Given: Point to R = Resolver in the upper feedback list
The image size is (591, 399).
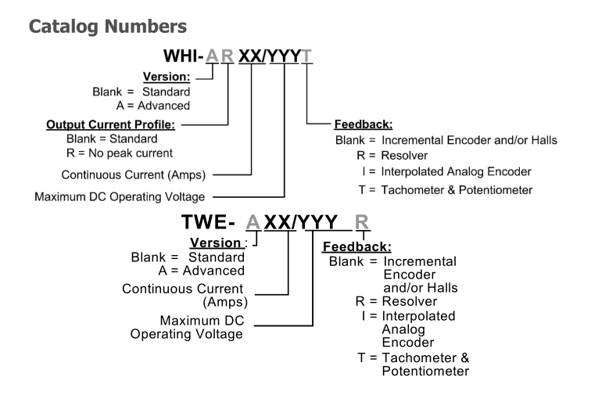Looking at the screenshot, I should click(388, 155).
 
